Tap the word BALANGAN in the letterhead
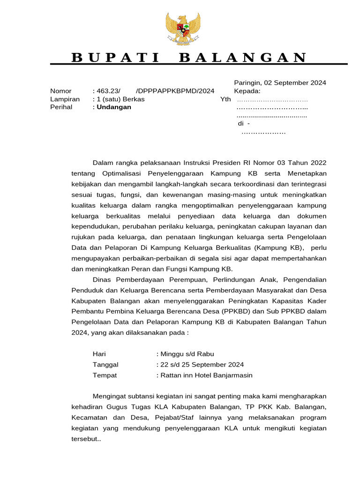tap(243, 58)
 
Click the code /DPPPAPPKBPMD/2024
tap(175, 91)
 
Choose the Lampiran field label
tap(65, 99)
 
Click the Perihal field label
tap(62, 107)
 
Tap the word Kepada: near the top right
tap(247, 91)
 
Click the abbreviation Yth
tap(226, 99)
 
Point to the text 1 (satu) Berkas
tap(120, 99)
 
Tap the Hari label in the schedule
tap(99, 354)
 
